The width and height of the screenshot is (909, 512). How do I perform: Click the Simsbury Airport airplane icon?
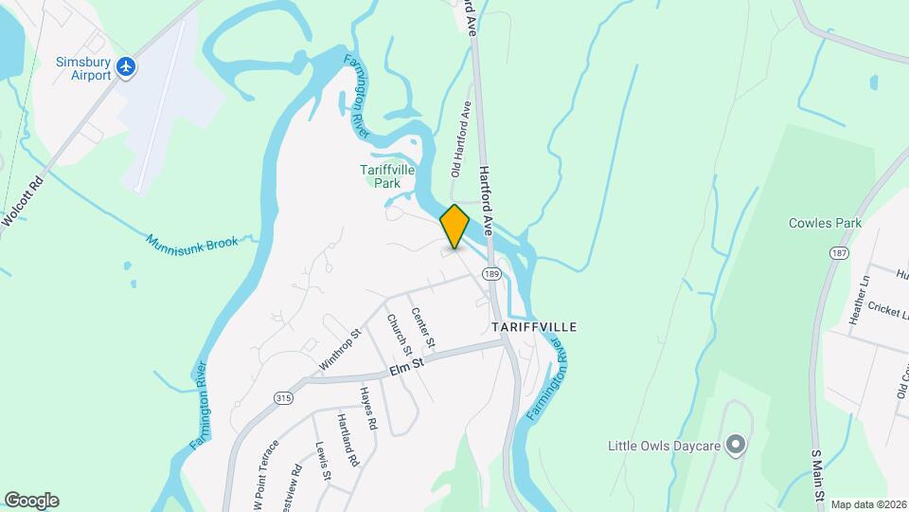pyautogui.click(x=128, y=66)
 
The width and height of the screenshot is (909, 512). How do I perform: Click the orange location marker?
pyautogui.click(x=454, y=227)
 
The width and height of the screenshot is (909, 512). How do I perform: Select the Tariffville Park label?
pyautogui.click(x=387, y=176)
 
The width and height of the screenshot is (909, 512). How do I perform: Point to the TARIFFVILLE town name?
pyautogui.click(x=534, y=326)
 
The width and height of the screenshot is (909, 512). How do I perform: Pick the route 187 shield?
pyautogui.click(x=839, y=254)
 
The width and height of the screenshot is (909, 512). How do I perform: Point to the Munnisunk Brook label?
pyautogui.click(x=192, y=243)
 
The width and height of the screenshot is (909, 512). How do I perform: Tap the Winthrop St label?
pyautogui.click(x=341, y=349)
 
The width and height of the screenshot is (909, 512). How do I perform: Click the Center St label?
pyautogui.click(x=423, y=327)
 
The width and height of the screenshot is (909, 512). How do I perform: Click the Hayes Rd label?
pyautogui.click(x=368, y=410)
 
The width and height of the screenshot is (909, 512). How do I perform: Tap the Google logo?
pyautogui.click(x=31, y=501)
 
